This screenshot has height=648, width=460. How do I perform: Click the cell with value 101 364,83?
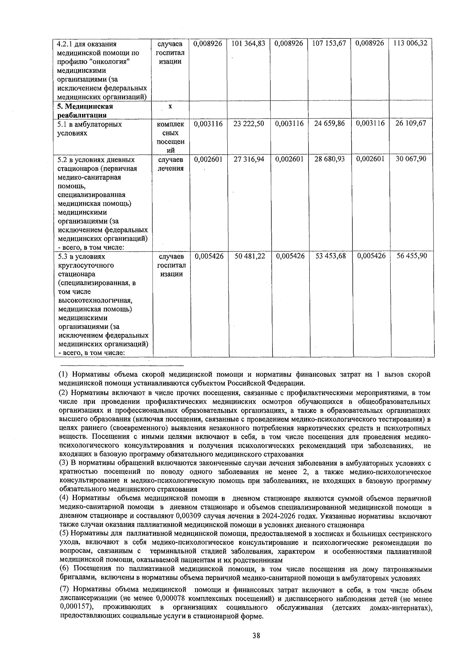249,44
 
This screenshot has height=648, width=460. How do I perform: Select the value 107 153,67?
329,44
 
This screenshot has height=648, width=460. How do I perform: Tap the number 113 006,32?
410,44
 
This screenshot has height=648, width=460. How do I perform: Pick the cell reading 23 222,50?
249,124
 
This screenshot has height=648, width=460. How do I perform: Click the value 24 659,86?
329,124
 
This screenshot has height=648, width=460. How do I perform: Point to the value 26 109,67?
411,124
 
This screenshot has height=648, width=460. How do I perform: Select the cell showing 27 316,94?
249,159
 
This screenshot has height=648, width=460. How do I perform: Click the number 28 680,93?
329,159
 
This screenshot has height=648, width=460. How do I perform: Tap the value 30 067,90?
411,159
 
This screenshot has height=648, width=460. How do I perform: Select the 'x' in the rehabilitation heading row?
170,107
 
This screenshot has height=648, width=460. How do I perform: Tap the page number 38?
256,635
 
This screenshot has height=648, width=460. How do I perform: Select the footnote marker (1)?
64,375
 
